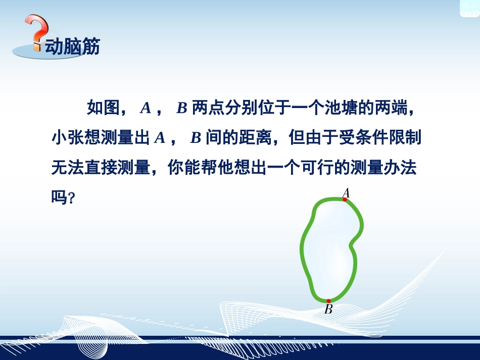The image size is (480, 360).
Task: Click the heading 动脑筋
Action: coord(72,46)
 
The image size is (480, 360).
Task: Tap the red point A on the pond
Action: coord(345,200)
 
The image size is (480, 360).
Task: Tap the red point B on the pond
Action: coord(328,301)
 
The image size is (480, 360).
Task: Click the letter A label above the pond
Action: coord(346,192)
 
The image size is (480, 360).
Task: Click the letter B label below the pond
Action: coord(328,310)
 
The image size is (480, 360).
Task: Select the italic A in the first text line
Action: coord(146,108)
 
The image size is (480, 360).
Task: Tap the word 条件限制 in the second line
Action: coord(391,138)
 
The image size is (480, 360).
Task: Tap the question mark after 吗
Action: coord(72,199)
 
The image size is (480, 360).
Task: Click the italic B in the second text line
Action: coord(196,138)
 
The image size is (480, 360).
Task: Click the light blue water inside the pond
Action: coord(331,242)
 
